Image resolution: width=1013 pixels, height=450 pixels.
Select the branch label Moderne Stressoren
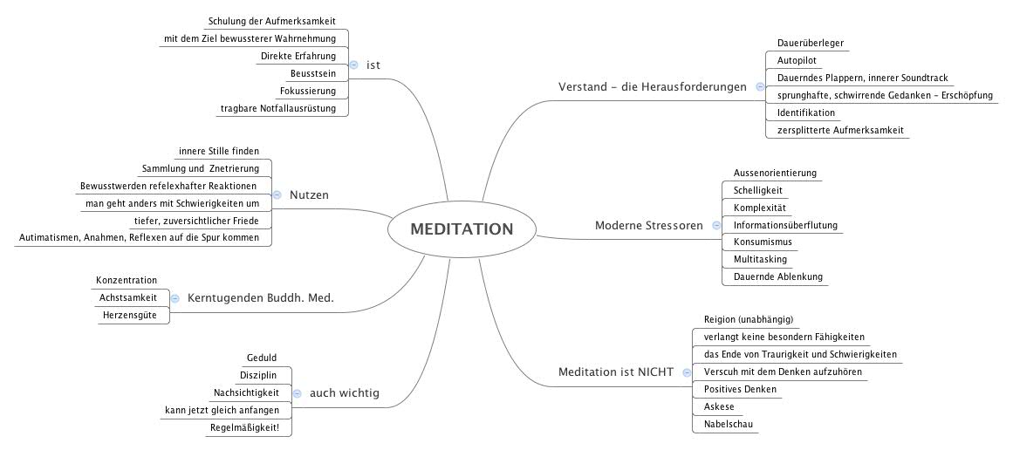[648, 226]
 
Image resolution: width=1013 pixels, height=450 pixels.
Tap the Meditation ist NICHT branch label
[615, 372]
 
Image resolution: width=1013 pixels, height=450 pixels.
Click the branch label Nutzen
[309, 195]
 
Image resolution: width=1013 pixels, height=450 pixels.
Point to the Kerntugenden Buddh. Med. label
[261, 298]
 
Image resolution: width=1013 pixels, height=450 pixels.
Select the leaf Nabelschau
[723, 425]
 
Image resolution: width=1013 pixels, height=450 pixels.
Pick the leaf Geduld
[262, 358]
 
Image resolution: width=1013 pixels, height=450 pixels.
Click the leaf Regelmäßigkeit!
[250, 427]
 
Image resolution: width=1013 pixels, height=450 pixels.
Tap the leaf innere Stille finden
[218, 151]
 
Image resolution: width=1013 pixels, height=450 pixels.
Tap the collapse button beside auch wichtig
[297, 393]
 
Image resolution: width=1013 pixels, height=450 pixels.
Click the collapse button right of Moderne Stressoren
[715, 225]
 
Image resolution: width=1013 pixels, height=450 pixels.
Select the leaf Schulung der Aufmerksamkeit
[271, 21]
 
